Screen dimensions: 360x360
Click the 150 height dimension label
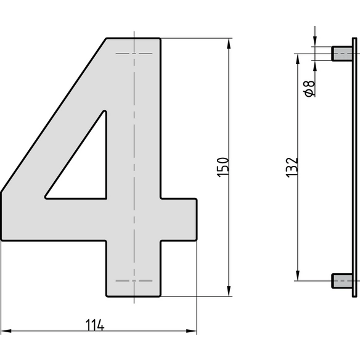click(223, 167)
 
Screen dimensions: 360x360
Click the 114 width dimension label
click(95, 325)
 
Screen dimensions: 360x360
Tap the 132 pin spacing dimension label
click(292, 167)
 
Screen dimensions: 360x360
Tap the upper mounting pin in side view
click(342, 54)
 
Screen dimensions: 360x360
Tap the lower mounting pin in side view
click(342, 281)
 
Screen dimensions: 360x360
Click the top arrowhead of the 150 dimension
click(229, 44)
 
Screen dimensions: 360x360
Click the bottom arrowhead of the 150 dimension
click(229, 291)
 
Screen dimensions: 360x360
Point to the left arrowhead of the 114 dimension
click(6, 331)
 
